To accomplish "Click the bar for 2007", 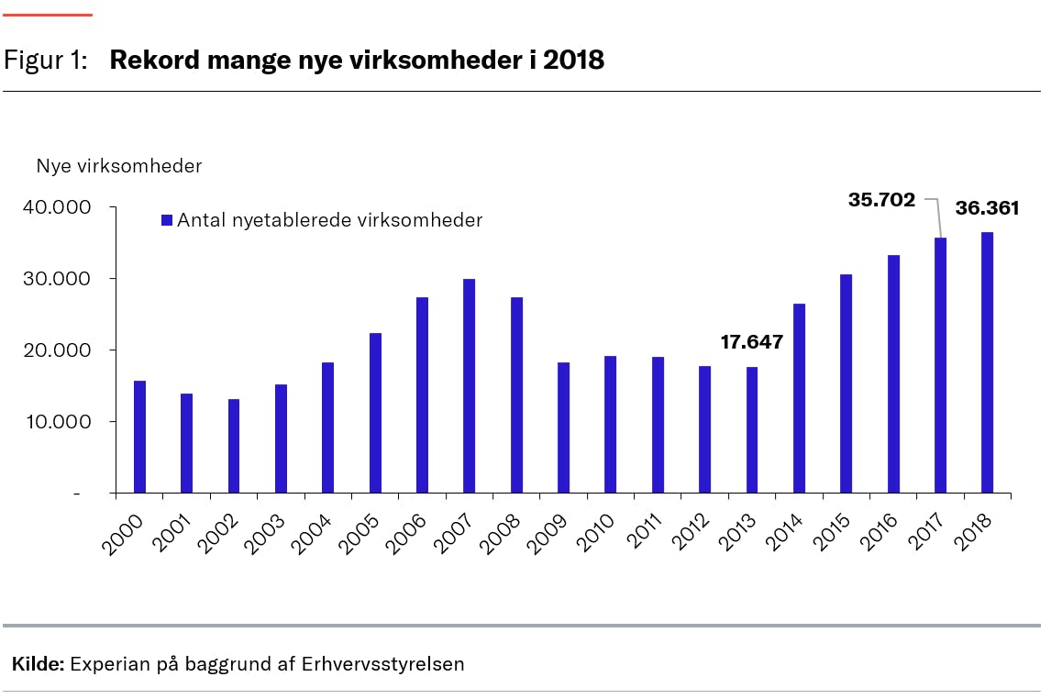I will (x=469, y=385).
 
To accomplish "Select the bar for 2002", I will (x=233, y=446).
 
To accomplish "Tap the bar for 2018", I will (x=987, y=362).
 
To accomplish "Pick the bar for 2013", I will (x=751, y=429).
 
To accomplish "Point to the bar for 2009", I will (x=563, y=427).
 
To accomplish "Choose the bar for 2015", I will (x=846, y=383).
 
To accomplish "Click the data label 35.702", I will (x=881, y=199).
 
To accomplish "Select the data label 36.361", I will (x=987, y=208).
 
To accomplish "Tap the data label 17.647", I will (x=751, y=342).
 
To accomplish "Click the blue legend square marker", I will (x=166, y=220).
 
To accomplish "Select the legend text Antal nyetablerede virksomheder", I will (x=329, y=220).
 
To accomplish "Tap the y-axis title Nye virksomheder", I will (x=118, y=166).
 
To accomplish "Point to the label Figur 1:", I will (x=46, y=61).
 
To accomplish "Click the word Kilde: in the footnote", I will (x=38, y=664).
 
